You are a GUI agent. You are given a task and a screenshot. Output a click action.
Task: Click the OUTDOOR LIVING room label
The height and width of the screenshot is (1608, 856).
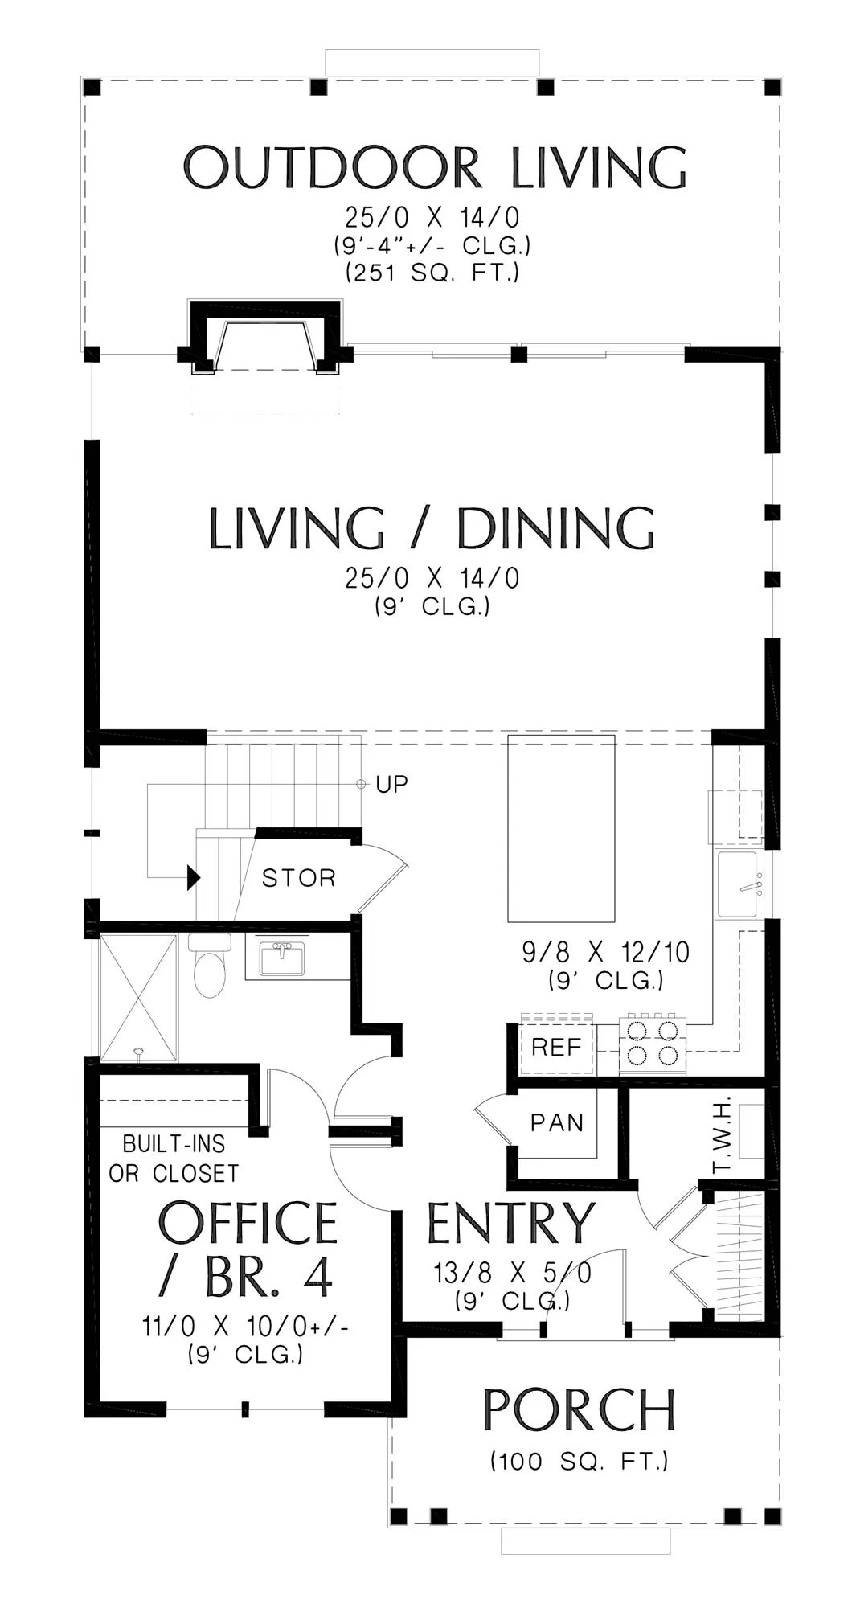click(x=435, y=167)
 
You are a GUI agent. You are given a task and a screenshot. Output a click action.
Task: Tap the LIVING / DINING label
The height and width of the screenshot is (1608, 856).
click(x=432, y=528)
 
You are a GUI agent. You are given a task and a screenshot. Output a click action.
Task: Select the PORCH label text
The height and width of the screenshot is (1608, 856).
click(x=579, y=1409)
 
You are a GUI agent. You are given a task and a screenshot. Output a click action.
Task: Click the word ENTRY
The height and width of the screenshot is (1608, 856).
click(x=510, y=1223)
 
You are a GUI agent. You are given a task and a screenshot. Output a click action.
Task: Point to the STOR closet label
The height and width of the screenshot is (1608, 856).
click(x=299, y=877)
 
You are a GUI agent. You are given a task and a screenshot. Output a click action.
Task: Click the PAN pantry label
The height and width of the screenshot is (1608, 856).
click(x=557, y=1122)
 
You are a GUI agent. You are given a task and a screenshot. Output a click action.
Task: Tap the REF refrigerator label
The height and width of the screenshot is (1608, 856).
click(x=556, y=1047)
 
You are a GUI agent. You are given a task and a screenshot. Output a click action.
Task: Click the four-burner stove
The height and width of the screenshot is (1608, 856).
click(x=653, y=1044)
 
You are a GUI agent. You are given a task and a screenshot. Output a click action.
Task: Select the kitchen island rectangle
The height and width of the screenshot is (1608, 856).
click(x=562, y=828)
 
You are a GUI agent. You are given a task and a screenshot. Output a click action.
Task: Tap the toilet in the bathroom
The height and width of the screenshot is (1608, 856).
click(x=210, y=966)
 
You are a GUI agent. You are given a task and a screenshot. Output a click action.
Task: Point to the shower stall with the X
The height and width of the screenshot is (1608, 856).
click(x=137, y=997)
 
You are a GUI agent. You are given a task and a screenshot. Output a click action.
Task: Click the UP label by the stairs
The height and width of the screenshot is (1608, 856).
click(x=392, y=784)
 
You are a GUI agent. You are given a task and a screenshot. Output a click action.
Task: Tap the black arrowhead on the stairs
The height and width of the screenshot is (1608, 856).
click(x=194, y=877)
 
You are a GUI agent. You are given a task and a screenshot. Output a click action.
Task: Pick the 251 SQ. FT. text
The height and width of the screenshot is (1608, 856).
click(x=432, y=273)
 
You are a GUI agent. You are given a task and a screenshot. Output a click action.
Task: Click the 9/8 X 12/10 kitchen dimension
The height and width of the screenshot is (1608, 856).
click(x=606, y=952)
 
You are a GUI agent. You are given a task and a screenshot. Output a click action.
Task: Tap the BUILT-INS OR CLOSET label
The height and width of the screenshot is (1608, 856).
click(x=174, y=1159)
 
